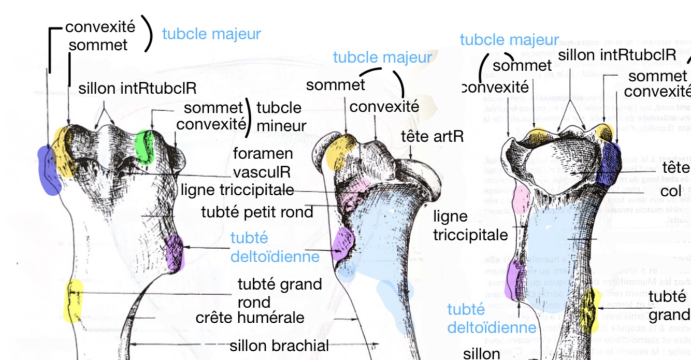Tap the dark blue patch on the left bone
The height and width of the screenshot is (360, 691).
point(50,169)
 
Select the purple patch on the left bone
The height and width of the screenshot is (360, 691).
point(175,252)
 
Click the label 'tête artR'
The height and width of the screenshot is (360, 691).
point(433,137)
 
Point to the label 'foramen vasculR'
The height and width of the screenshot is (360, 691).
point(262,163)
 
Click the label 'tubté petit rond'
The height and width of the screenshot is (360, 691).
point(257,212)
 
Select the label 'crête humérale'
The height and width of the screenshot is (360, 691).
point(250,317)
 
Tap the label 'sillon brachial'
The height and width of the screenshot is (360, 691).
point(279,345)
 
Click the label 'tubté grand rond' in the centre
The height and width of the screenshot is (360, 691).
point(280,293)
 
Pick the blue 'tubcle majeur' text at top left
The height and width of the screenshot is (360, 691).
point(211,34)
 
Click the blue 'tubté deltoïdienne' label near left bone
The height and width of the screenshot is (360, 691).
point(275,247)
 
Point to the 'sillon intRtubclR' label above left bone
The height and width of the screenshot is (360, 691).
point(137,88)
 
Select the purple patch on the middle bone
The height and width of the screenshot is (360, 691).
point(343,243)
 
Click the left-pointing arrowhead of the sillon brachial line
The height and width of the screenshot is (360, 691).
point(131,344)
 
